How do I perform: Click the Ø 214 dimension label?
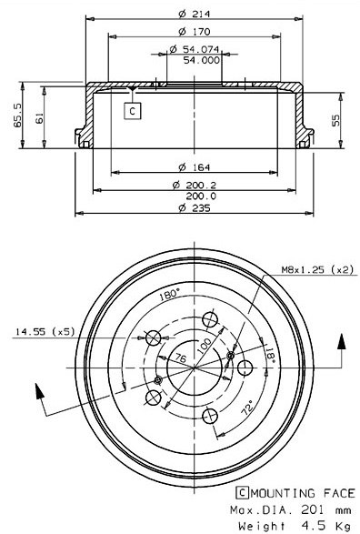(x=195, y=14)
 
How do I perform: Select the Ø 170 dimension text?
(x=195, y=32)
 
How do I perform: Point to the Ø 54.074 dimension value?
(x=195, y=49)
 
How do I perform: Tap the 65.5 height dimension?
(x=17, y=116)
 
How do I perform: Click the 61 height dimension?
(x=39, y=118)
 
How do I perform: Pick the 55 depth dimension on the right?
(x=335, y=120)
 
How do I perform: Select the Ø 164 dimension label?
(x=195, y=167)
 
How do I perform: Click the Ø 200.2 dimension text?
(x=195, y=186)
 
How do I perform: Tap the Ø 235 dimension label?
(x=195, y=207)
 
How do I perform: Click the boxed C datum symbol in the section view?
(x=133, y=111)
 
